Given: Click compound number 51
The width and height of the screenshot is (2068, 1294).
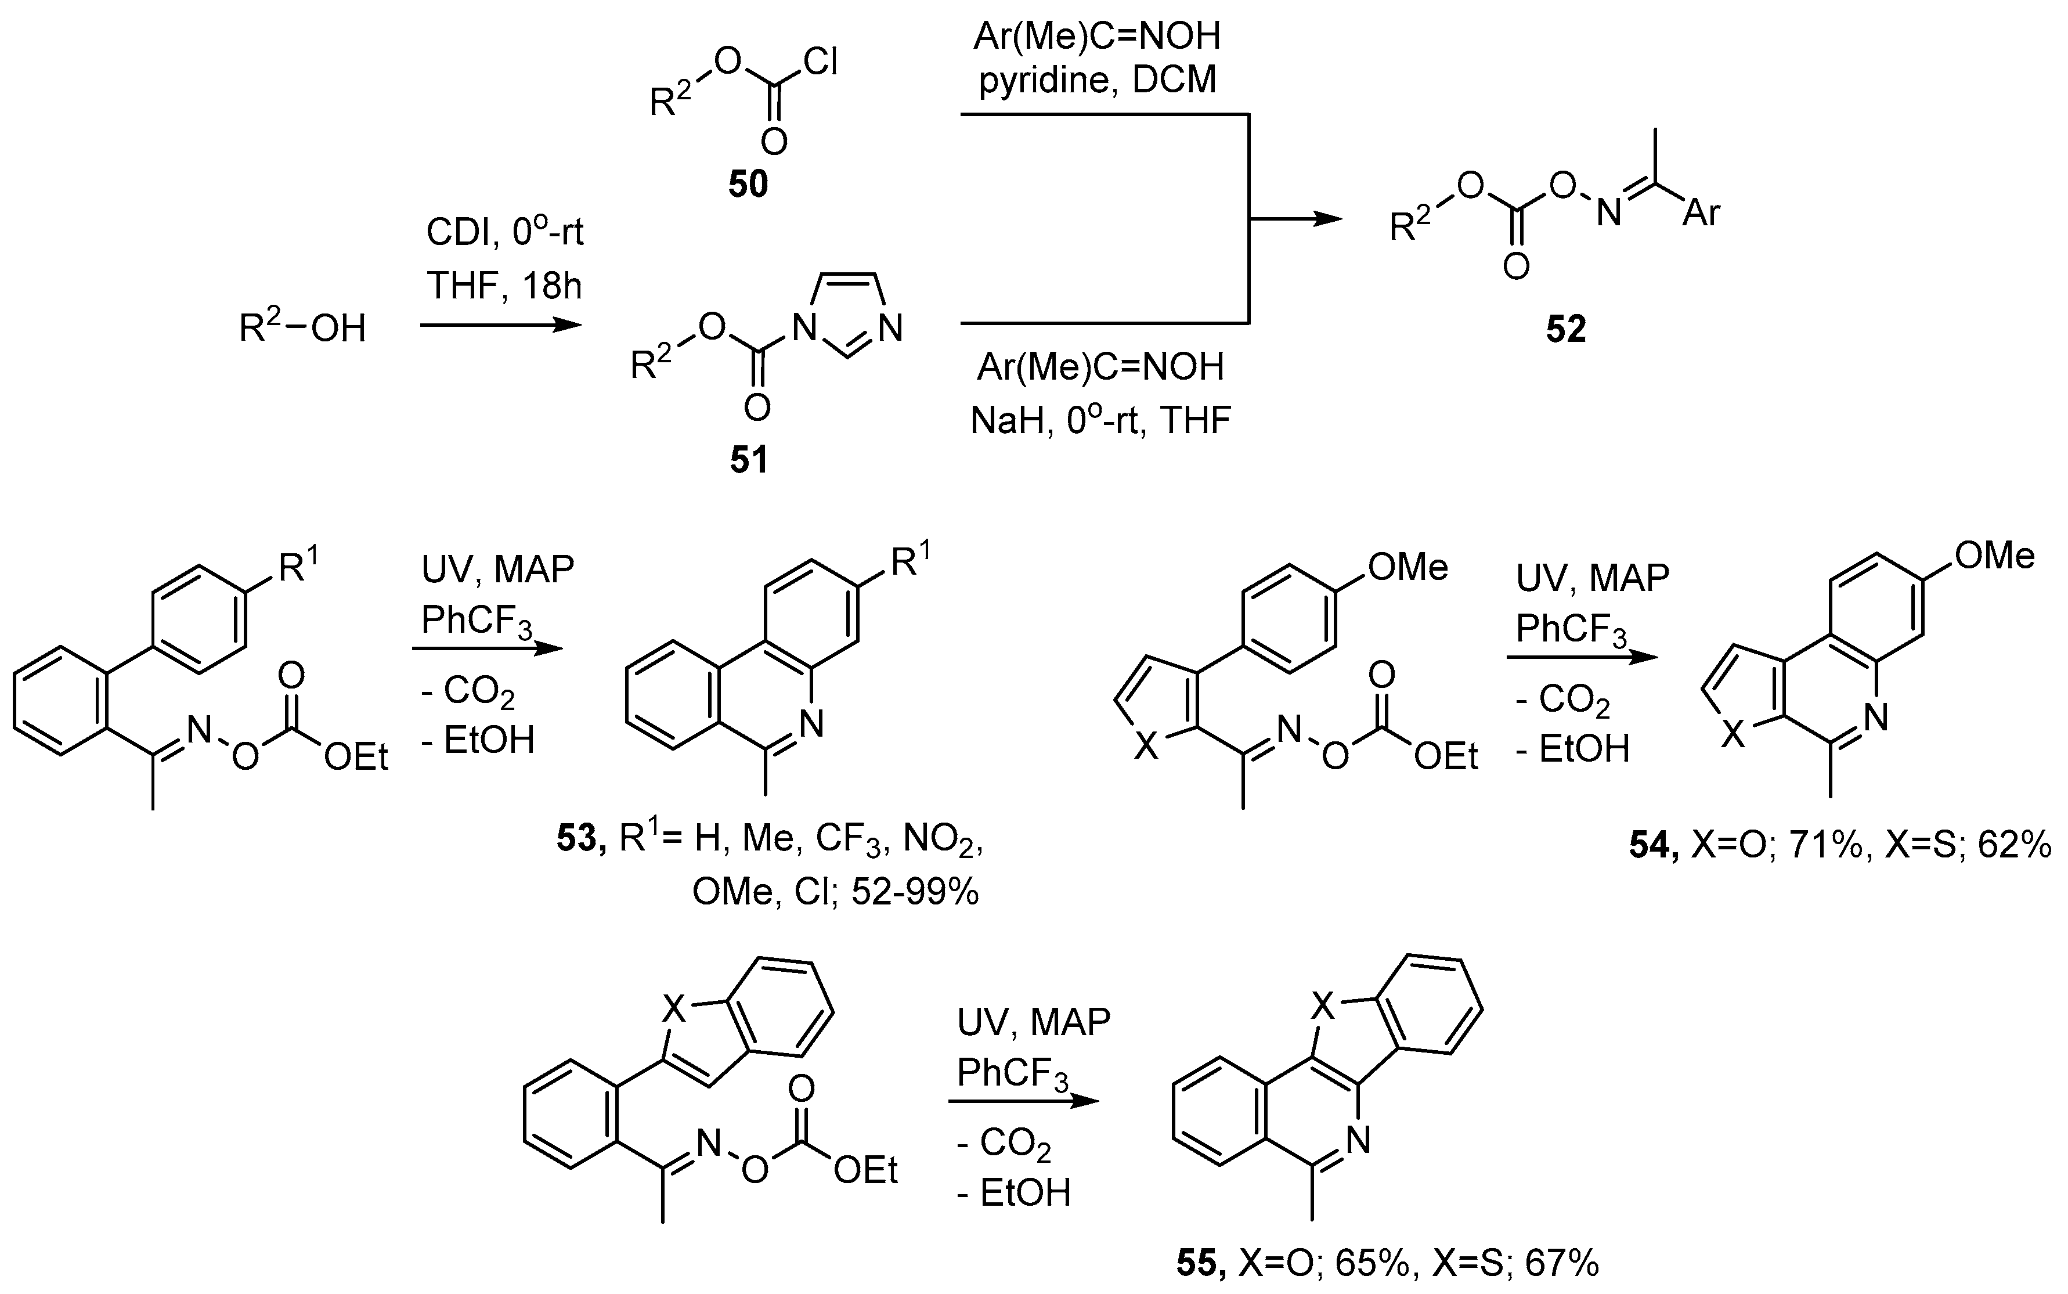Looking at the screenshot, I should pos(749,460).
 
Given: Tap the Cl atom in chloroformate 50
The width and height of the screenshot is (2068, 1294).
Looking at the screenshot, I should pos(820,63).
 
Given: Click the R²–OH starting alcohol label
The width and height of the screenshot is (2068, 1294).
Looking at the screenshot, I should pos(302,327).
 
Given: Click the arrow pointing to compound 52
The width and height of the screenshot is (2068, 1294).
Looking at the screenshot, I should pos(1296,219).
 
